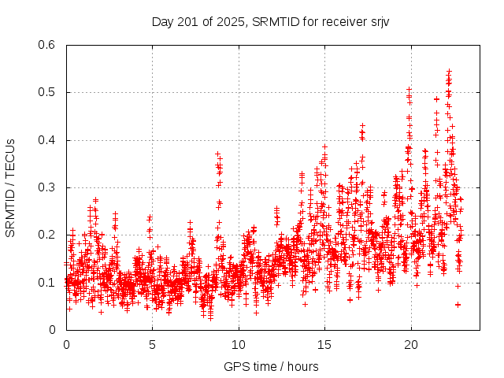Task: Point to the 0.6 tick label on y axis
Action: point(46,45)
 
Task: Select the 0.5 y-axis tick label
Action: point(46,92)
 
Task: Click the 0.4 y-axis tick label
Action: point(46,140)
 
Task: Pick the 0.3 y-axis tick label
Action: point(46,187)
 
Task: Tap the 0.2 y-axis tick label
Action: point(46,235)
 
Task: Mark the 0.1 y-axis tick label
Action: point(46,282)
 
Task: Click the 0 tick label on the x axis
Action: point(66,344)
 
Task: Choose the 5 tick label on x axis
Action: point(152,344)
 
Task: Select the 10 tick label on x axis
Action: point(238,344)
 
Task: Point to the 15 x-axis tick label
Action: point(324,344)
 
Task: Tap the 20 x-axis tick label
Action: point(410,344)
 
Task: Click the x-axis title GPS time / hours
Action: point(271,366)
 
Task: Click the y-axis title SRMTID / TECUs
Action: point(11,187)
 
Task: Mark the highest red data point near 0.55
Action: point(449,71)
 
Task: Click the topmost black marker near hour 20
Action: point(409,89)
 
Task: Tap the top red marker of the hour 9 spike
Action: point(217,154)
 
